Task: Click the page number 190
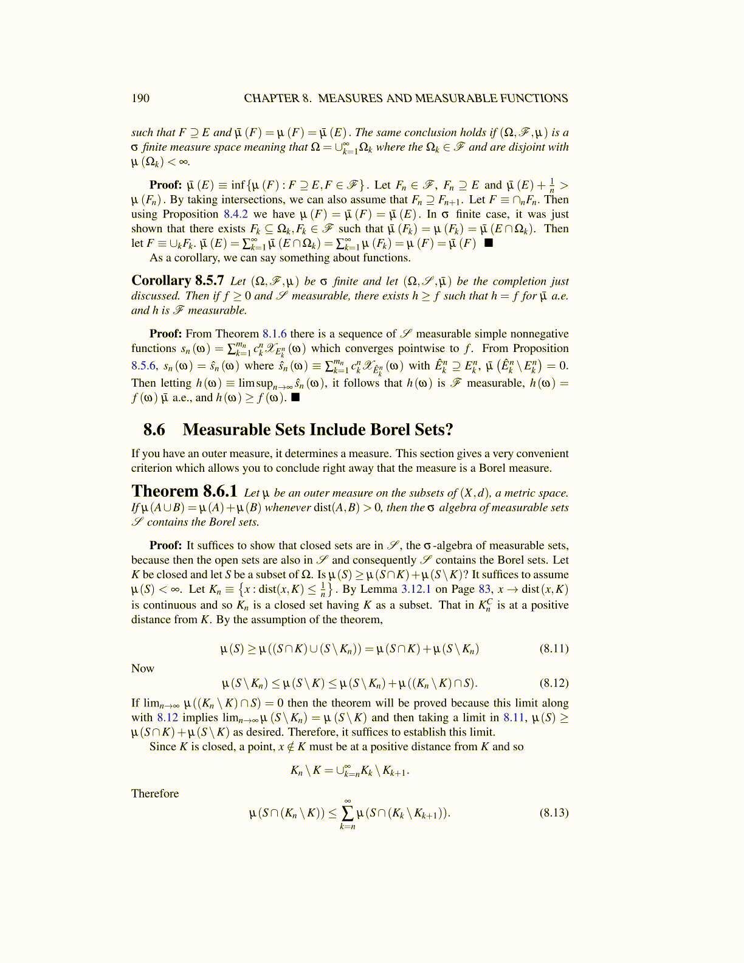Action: click(x=140, y=98)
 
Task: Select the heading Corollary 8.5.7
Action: click(x=177, y=280)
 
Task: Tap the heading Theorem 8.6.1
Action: click(x=184, y=491)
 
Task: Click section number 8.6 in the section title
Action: click(x=154, y=429)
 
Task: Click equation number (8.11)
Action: click(x=554, y=648)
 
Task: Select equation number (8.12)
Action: click(x=554, y=683)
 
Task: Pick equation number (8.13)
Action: click(x=554, y=812)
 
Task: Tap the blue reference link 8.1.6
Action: click(x=274, y=333)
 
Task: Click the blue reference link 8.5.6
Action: click(x=144, y=365)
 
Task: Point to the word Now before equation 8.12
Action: click(x=143, y=668)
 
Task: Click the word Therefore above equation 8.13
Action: click(x=155, y=793)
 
